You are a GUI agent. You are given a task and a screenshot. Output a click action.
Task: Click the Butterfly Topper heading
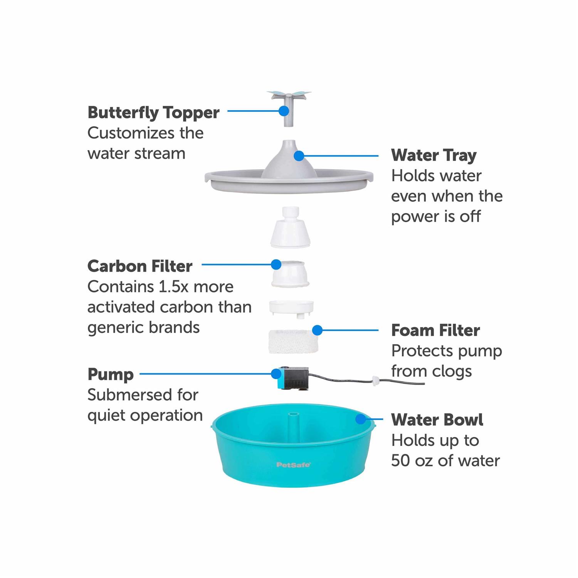pyautogui.click(x=153, y=113)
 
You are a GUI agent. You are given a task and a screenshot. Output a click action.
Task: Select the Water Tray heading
pyautogui.click(x=434, y=155)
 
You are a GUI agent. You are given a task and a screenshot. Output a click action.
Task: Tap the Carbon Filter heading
pyautogui.click(x=140, y=266)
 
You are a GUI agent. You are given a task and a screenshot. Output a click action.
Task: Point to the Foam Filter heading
pyautogui.click(x=435, y=330)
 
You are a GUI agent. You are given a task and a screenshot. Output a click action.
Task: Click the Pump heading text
pyautogui.click(x=111, y=375)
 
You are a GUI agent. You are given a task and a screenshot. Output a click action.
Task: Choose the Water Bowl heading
pyautogui.click(x=437, y=420)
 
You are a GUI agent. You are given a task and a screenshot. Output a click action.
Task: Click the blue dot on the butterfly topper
pyautogui.click(x=284, y=111)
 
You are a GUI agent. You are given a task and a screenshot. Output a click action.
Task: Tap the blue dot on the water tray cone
pyautogui.click(x=299, y=156)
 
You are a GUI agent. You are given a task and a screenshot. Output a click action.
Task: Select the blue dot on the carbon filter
pyautogui.click(x=276, y=264)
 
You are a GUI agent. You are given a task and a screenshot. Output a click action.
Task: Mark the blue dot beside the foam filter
pyautogui.click(x=318, y=330)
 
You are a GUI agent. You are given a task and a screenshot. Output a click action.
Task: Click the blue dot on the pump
pyautogui.click(x=276, y=374)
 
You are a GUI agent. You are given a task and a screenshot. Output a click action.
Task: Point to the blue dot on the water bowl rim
pyautogui.click(x=361, y=419)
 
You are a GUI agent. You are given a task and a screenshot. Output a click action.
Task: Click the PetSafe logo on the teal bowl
pyautogui.click(x=294, y=465)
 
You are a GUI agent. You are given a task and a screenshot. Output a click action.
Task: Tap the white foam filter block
pyautogui.click(x=294, y=341)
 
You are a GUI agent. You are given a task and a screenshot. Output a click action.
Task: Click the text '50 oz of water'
pyautogui.click(x=445, y=460)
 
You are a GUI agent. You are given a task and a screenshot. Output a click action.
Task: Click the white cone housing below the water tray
pyautogui.click(x=290, y=227)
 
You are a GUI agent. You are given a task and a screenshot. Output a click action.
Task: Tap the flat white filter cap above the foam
pyautogui.click(x=291, y=308)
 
